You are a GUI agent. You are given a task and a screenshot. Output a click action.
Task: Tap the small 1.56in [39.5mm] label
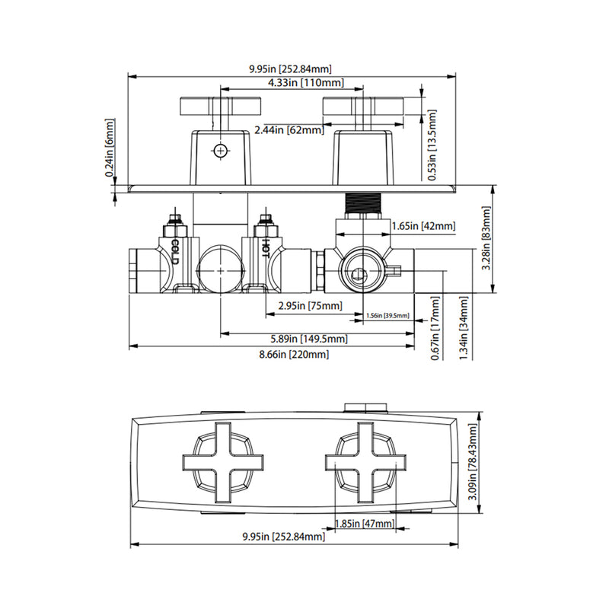coord(387,315)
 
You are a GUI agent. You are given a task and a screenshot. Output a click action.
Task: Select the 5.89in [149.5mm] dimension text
coord(310,339)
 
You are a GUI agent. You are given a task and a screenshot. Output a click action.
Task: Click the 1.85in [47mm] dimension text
coord(364,524)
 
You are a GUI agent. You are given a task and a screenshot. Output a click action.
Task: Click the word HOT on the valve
coord(266,248)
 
